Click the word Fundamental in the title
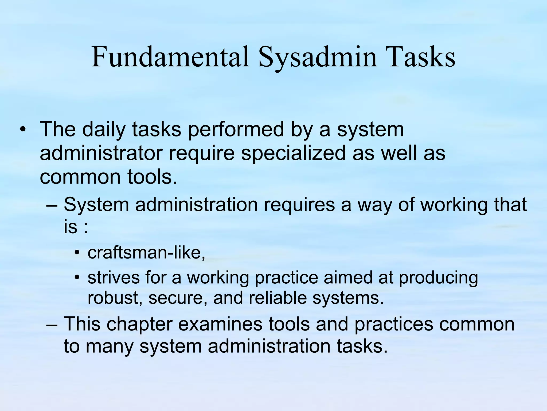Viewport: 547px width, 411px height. (x=170, y=57)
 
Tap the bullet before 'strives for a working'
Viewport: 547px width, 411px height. (x=77, y=277)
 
